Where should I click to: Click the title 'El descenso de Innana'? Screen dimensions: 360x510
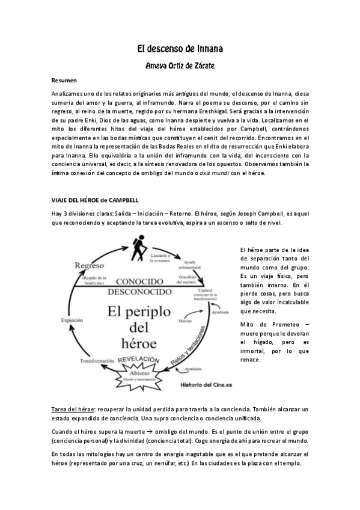(180, 49)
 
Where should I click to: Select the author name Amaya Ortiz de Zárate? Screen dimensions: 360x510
(180, 65)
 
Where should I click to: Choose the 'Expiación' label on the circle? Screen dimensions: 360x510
(72, 321)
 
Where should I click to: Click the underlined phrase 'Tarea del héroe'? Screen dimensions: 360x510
(72, 409)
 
